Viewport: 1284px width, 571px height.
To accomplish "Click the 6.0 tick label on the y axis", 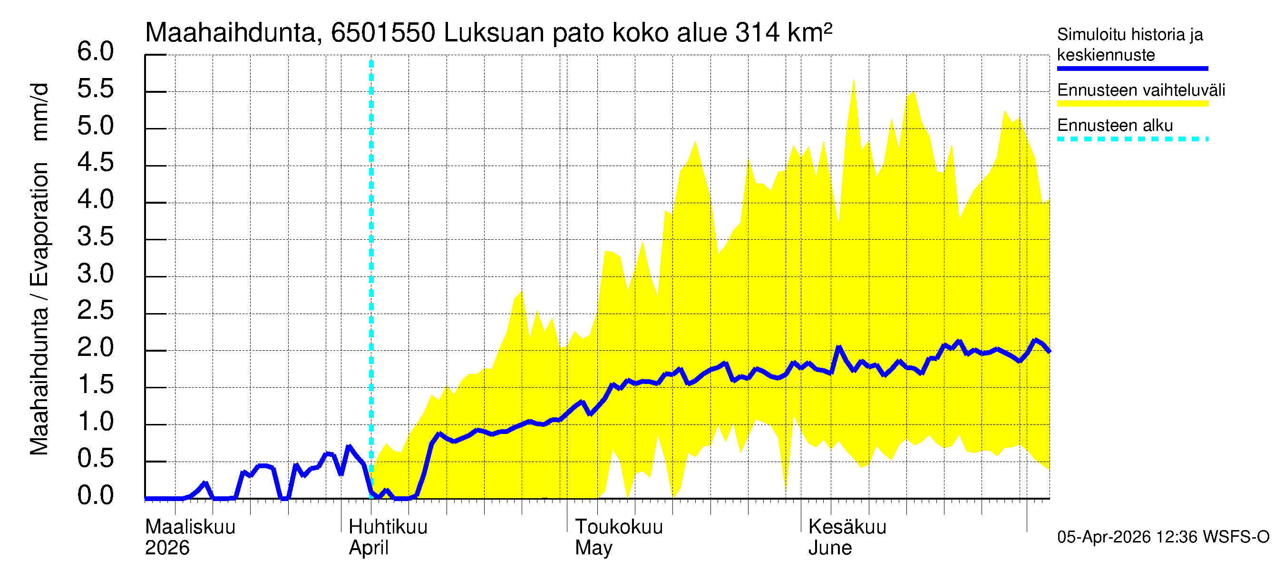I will (x=95, y=52).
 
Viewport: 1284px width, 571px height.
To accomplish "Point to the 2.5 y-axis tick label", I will (x=95, y=311).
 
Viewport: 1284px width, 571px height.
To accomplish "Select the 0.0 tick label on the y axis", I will (x=95, y=496).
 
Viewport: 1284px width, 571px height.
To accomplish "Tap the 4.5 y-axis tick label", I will (x=95, y=163).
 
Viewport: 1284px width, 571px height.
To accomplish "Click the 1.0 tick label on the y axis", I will (x=95, y=422).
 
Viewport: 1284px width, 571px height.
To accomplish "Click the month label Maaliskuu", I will (x=190, y=527).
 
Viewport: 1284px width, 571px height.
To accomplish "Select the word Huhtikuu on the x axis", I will (x=388, y=527).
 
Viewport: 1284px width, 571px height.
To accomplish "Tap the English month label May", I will (x=593, y=548).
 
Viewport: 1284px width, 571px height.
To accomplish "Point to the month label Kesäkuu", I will (x=847, y=527).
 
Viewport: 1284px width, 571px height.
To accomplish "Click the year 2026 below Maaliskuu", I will (x=167, y=548).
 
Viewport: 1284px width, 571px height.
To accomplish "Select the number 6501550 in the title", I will (x=383, y=33).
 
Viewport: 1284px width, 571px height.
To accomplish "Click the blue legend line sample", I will (x=1132, y=69).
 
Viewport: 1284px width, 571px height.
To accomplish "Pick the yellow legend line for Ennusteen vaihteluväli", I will (x=1132, y=104).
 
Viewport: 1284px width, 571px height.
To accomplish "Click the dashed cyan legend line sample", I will (x=1132, y=139).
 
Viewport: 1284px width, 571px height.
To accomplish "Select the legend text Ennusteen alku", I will (x=1115, y=125).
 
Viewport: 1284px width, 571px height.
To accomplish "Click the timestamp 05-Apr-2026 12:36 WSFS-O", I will (x=1163, y=537).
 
